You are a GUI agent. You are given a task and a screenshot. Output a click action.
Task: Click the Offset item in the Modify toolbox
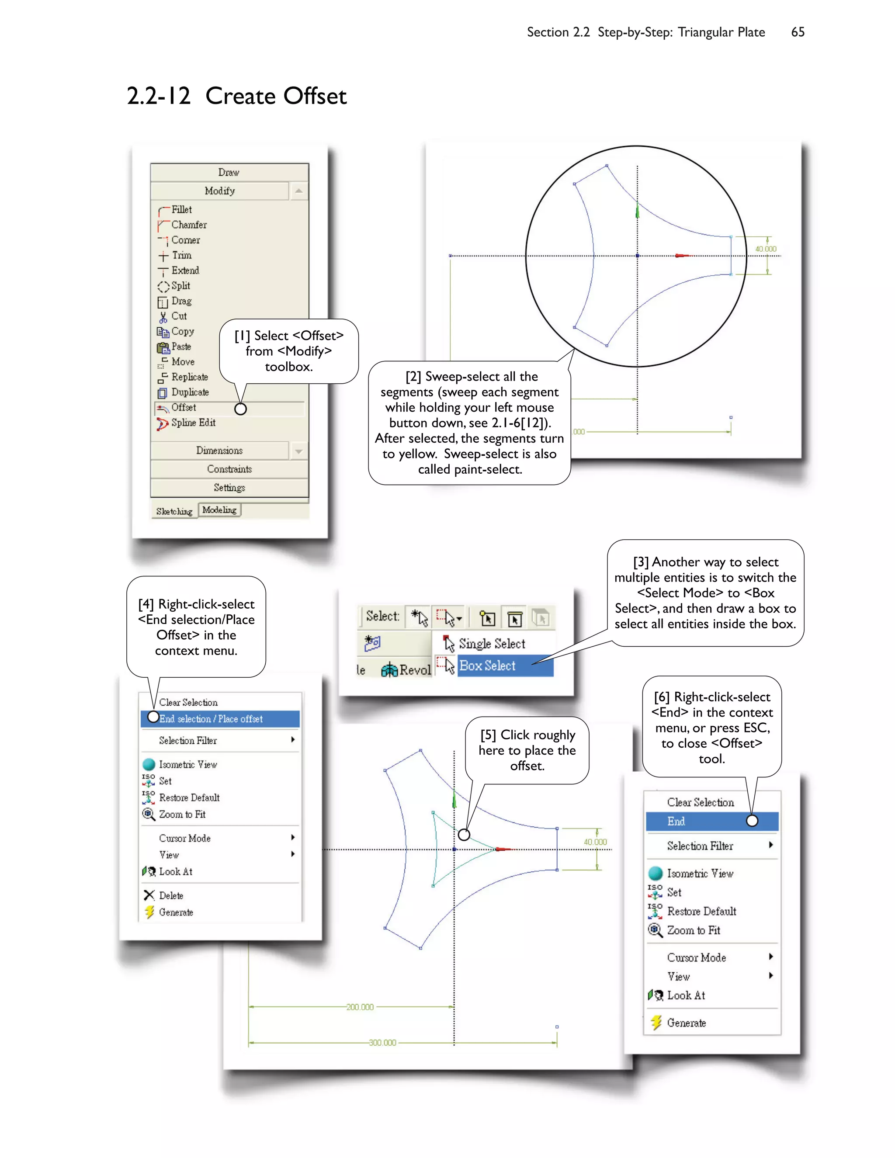coord(184,408)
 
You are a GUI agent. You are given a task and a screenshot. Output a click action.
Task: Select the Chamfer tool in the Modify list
coord(189,225)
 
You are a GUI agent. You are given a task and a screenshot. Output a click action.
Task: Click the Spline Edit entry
coord(193,423)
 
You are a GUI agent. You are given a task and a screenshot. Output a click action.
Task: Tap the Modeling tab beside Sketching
coord(219,510)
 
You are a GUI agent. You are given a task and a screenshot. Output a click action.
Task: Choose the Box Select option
coord(487,666)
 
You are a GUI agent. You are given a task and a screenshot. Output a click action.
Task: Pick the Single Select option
coord(492,644)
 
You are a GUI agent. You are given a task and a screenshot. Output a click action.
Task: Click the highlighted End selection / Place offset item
coord(211,719)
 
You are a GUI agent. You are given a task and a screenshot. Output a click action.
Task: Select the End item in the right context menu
coord(676,822)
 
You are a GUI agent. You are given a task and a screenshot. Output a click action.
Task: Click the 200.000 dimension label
coord(360,1007)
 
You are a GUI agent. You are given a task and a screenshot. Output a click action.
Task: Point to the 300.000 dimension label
coord(382,1042)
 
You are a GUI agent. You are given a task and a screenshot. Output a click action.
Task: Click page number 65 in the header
coord(798,32)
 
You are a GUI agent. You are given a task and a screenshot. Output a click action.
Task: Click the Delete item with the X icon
coord(171,895)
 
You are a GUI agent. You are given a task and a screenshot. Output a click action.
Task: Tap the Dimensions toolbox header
coord(219,451)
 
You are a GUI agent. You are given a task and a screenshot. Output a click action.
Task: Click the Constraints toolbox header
coord(229,469)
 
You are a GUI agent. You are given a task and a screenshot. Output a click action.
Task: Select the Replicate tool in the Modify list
coord(189,377)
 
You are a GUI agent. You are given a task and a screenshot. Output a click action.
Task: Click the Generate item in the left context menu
coord(176,912)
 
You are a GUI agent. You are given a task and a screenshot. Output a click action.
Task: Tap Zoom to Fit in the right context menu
coord(693,930)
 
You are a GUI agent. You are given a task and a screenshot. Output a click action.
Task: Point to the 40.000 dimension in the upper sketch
coord(766,249)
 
